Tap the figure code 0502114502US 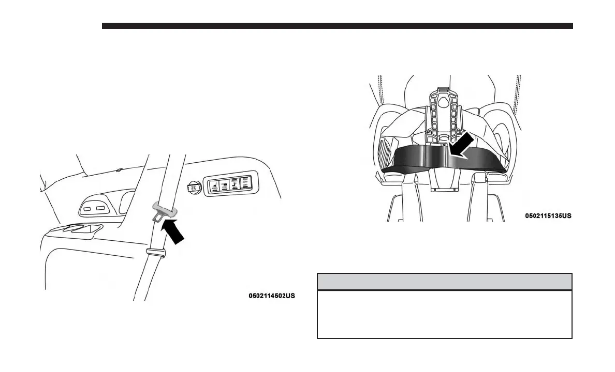[272, 296]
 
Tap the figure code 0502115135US [548, 215]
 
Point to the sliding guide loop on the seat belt [155, 252]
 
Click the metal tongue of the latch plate [156, 219]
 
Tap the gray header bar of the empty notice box [444, 282]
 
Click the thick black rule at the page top [338, 26]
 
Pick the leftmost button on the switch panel [213, 185]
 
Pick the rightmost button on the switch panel [245, 184]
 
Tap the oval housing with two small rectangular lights [95, 208]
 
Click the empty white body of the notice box [444, 314]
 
